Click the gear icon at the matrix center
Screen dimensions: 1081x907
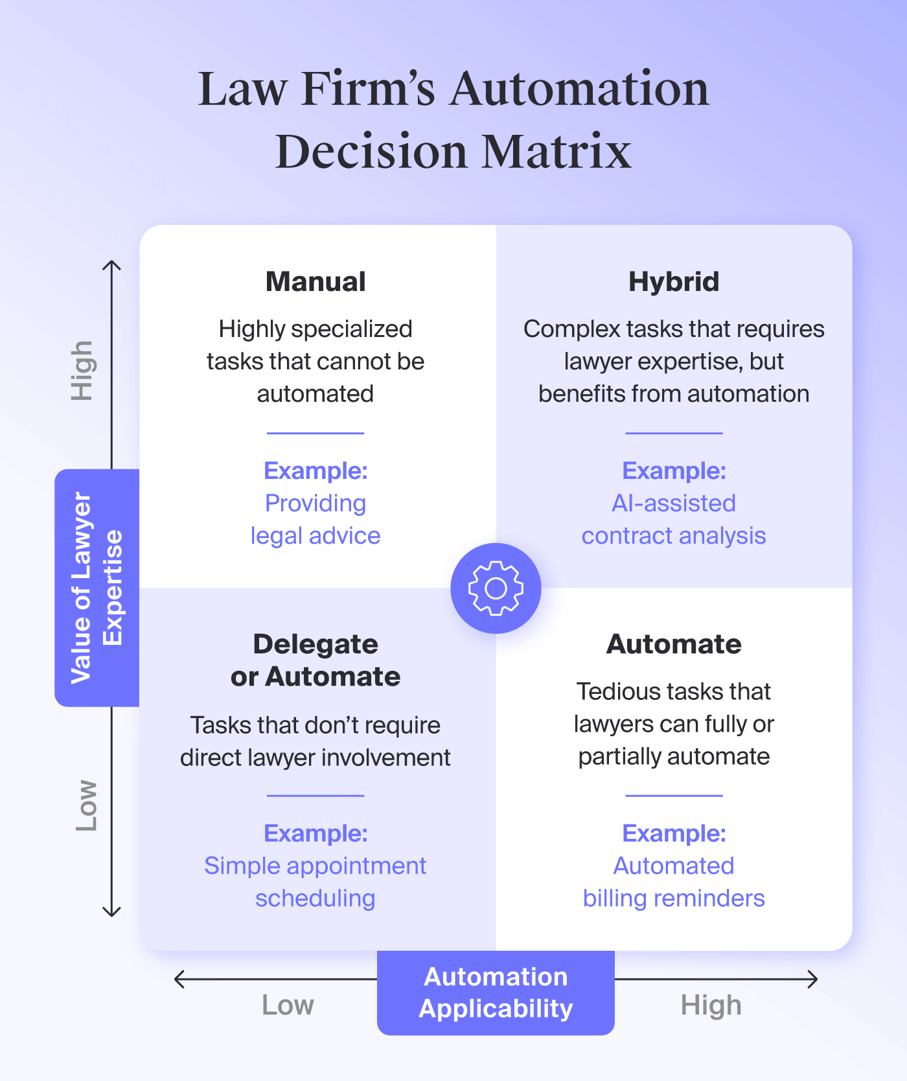point(496,588)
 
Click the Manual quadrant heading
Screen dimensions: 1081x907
point(316,282)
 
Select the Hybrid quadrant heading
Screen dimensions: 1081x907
point(674,282)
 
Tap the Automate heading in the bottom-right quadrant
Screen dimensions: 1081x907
point(674,644)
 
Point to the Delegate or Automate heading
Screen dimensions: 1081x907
point(316,660)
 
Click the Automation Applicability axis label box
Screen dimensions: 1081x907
point(496,992)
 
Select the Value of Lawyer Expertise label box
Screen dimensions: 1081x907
point(97,588)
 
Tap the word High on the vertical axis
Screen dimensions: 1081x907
point(83,370)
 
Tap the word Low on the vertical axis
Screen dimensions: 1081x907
point(86,806)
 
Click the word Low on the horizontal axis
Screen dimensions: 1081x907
point(288,1005)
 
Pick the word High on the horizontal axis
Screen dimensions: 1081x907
point(711,1005)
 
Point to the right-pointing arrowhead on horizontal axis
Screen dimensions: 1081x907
point(813,979)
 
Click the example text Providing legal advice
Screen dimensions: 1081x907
point(316,520)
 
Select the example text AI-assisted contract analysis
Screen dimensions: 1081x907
point(674,520)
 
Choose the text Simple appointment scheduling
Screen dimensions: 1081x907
point(316,882)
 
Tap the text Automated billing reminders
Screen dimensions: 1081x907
point(674,882)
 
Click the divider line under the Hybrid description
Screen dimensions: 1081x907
point(674,433)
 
